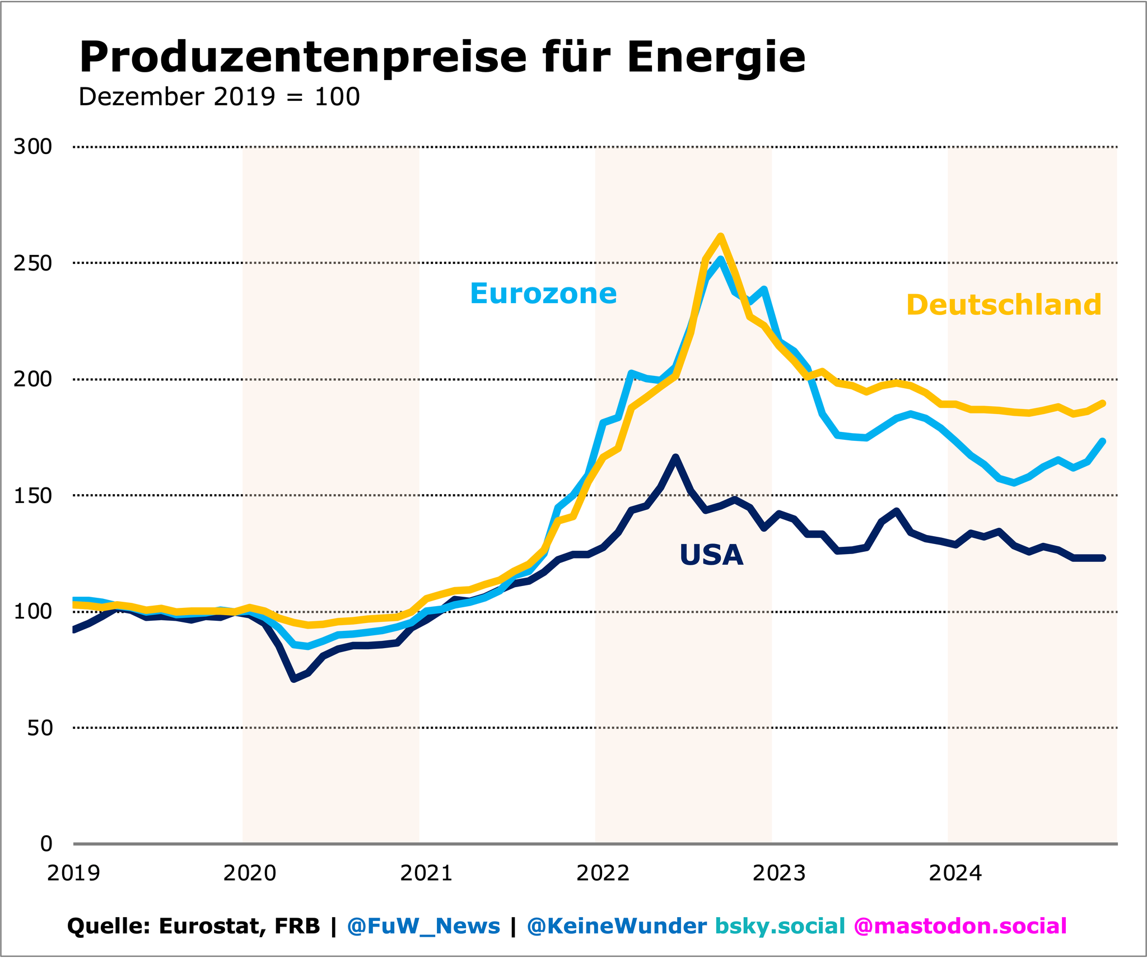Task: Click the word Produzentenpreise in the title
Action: pyautogui.click(x=302, y=58)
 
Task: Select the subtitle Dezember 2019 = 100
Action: pyautogui.click(x=219, y=97)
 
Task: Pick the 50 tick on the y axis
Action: pyautogui.click(x=39, y=728)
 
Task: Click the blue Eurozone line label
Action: pyautogui.click(x=543, y=294)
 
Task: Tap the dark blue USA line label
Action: pyautogui.click(x=711, y=555)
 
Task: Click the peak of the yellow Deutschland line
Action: pyautogui.click(x=721, y=236)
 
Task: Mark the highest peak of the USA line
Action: pyautogui.click(x=676, y=457)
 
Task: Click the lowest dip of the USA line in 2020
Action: pyautogui.click(x=293, y=679)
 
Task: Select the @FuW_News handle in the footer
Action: pyautogui.click(x=423, y=926)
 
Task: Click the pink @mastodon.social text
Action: pyautogui.click(x=960, y=926)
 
